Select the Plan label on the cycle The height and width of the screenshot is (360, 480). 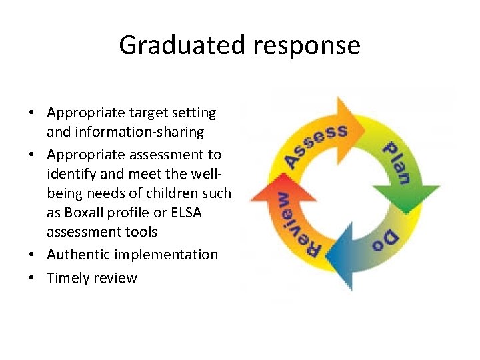coord(399,161)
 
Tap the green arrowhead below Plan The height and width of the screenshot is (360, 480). coord(406,196)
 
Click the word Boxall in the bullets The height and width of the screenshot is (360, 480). coord(90,213)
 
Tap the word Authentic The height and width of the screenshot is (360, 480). coord(78,255)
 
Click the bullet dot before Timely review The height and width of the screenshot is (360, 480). coord(33,278)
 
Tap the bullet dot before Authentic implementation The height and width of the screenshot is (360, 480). coord(33,255)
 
